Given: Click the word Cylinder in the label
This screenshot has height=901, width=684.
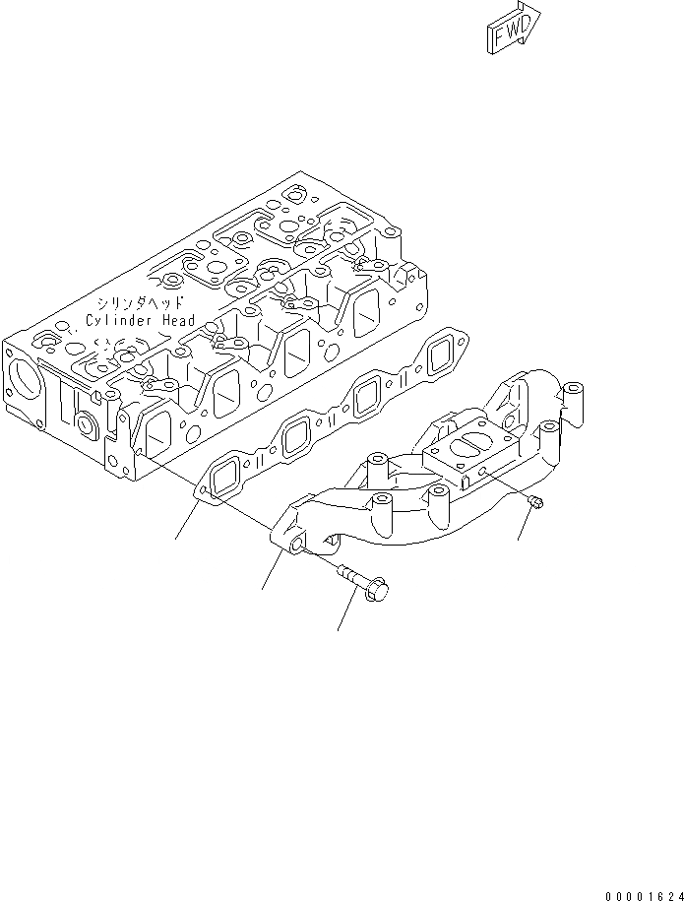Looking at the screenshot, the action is point(123,320).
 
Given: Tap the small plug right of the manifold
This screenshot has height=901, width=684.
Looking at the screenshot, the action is point(535,504).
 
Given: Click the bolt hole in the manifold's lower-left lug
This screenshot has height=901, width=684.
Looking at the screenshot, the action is point(294,544).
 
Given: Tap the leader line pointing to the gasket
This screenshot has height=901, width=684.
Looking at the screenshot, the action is point(189,520).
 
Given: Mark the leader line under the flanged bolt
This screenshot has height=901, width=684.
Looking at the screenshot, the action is point(345,612).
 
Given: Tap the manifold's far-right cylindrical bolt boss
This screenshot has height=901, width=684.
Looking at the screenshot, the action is point(574,401).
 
